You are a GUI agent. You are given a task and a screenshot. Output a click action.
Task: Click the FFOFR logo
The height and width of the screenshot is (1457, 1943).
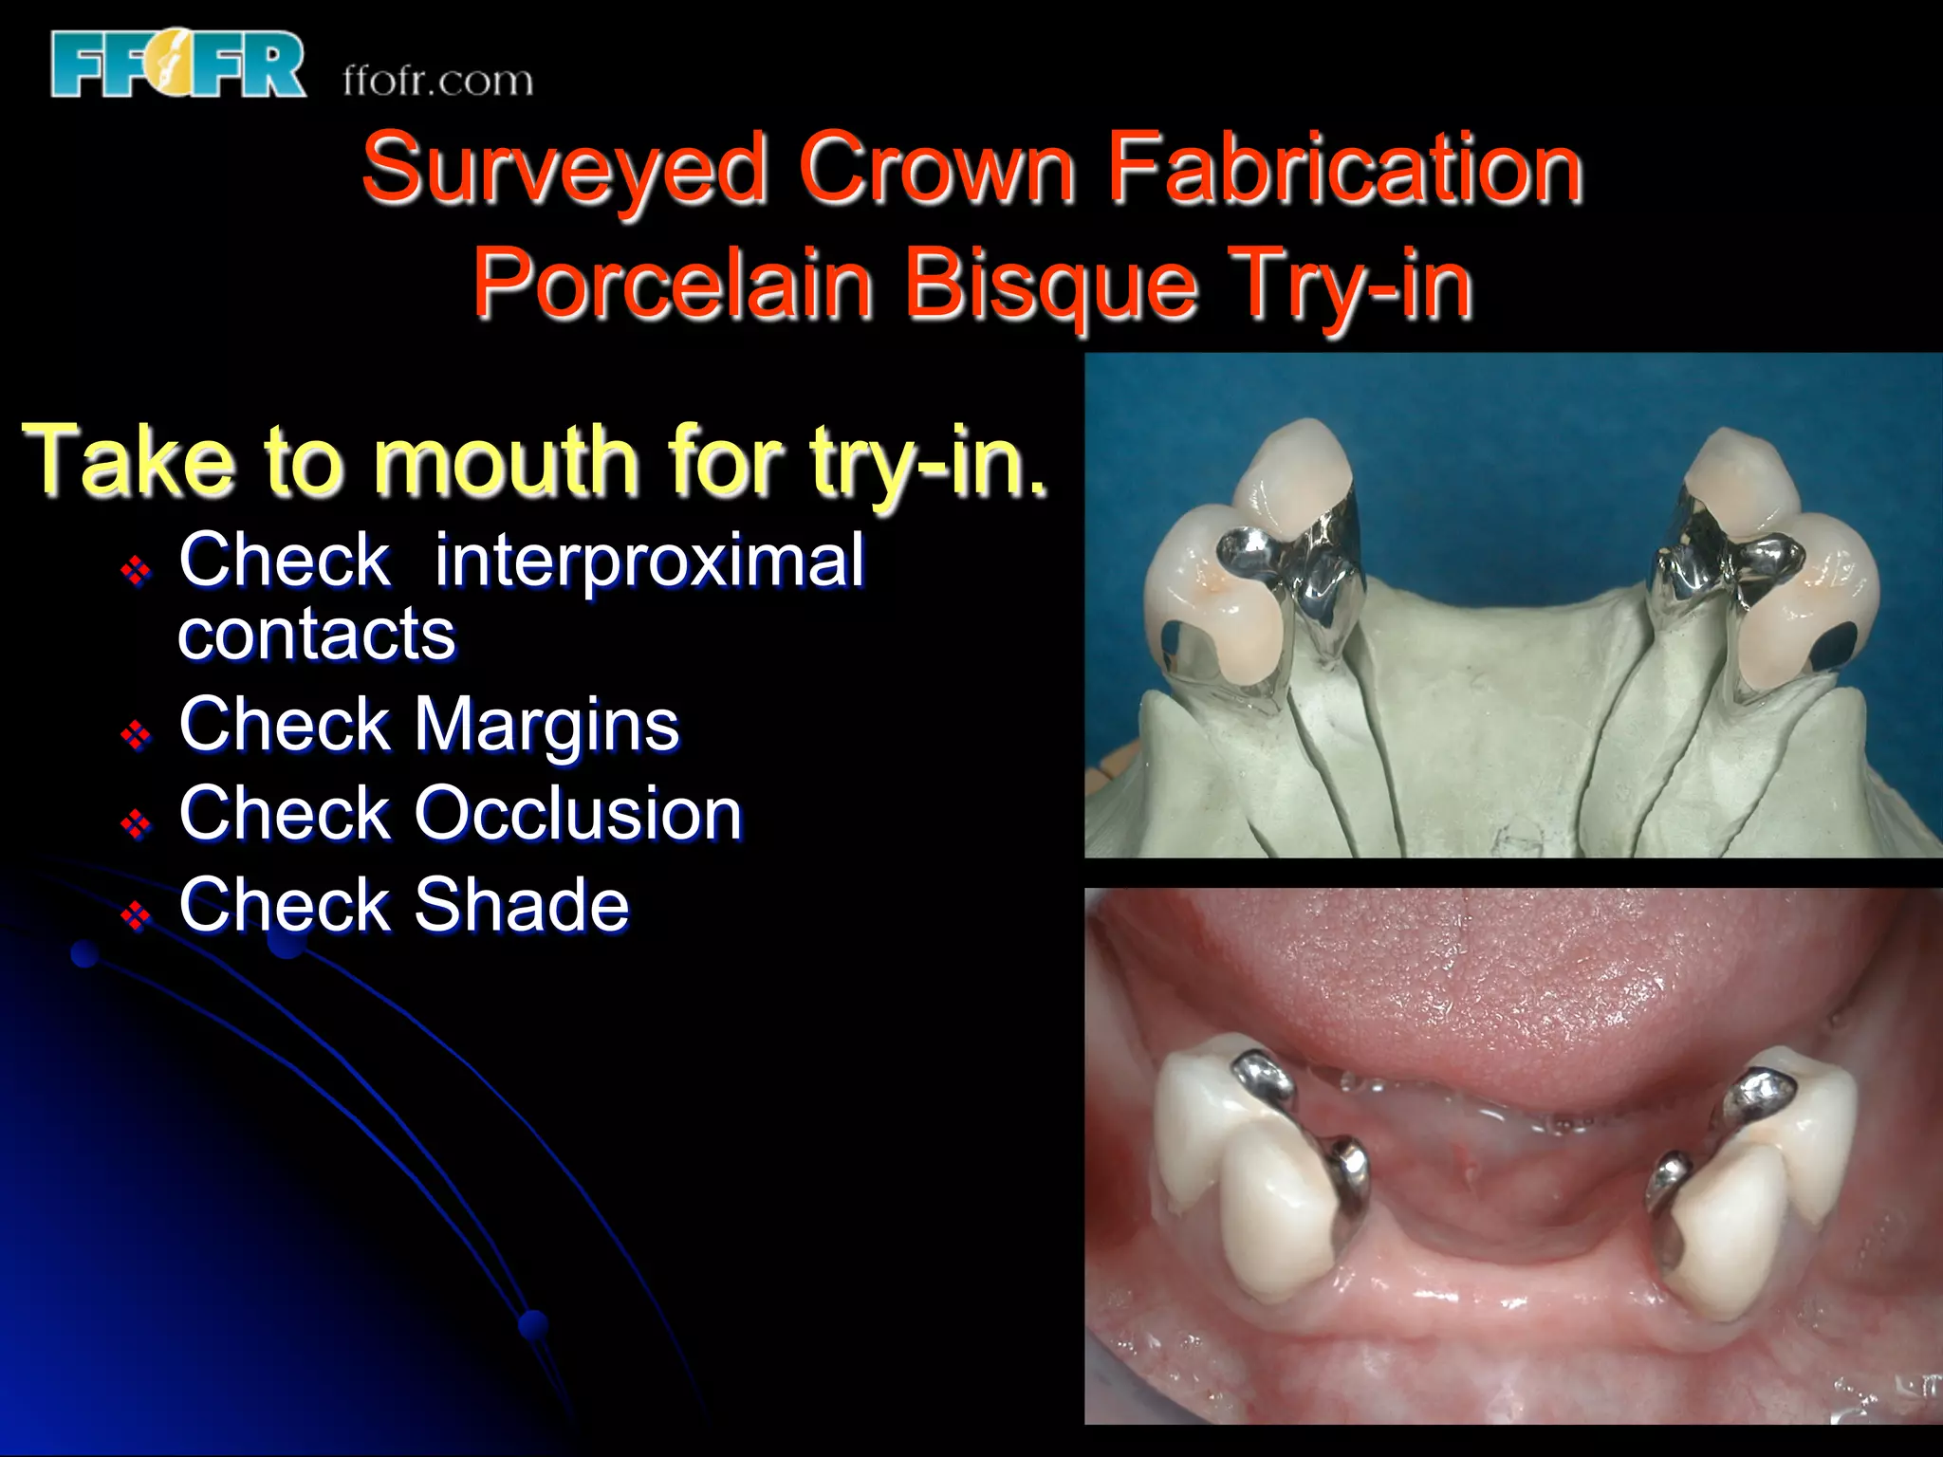pos(178,65)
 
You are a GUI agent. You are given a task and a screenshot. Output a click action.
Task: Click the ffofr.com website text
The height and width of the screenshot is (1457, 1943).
pos(437,81)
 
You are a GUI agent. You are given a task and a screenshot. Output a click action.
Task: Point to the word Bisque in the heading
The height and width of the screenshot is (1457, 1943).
pos(1050,284)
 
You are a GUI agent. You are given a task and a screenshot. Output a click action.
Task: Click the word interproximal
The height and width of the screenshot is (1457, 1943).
pos(649,561)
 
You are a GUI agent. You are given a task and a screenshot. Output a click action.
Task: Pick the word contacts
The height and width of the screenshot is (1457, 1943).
pos(317,634)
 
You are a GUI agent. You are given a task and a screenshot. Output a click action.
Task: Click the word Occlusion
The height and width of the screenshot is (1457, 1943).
pos(579,814)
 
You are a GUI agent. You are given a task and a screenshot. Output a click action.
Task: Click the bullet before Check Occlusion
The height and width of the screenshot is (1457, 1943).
pos(136,823)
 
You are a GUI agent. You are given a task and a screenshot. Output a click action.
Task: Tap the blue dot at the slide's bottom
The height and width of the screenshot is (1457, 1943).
pos(534,1324)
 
